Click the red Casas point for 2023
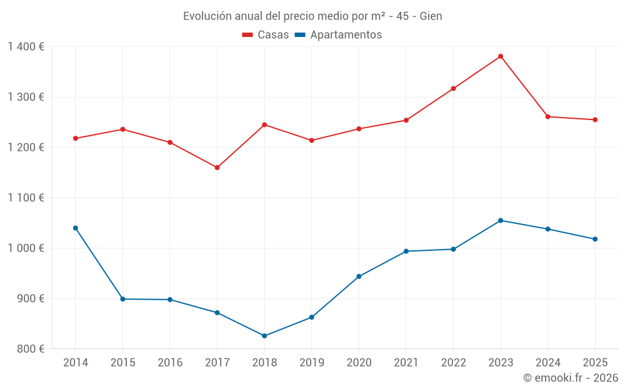[501, 56]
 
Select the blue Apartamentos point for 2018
[264, 336]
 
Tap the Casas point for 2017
[217, 168]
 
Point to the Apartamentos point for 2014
[76, 228]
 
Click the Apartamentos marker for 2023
[501, 220]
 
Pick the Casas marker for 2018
[264, 124]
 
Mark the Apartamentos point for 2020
[359, 277]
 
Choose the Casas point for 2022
[453, 88]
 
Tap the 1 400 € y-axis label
[26, 47]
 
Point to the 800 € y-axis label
[29, 349]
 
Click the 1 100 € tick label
[26, 198]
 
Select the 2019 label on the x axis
[311, 363]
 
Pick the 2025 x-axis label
[594, 363]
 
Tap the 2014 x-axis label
[76, 363]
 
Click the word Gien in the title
[431, 16]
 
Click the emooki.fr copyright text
[571, 378]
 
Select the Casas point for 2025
[595, 119]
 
